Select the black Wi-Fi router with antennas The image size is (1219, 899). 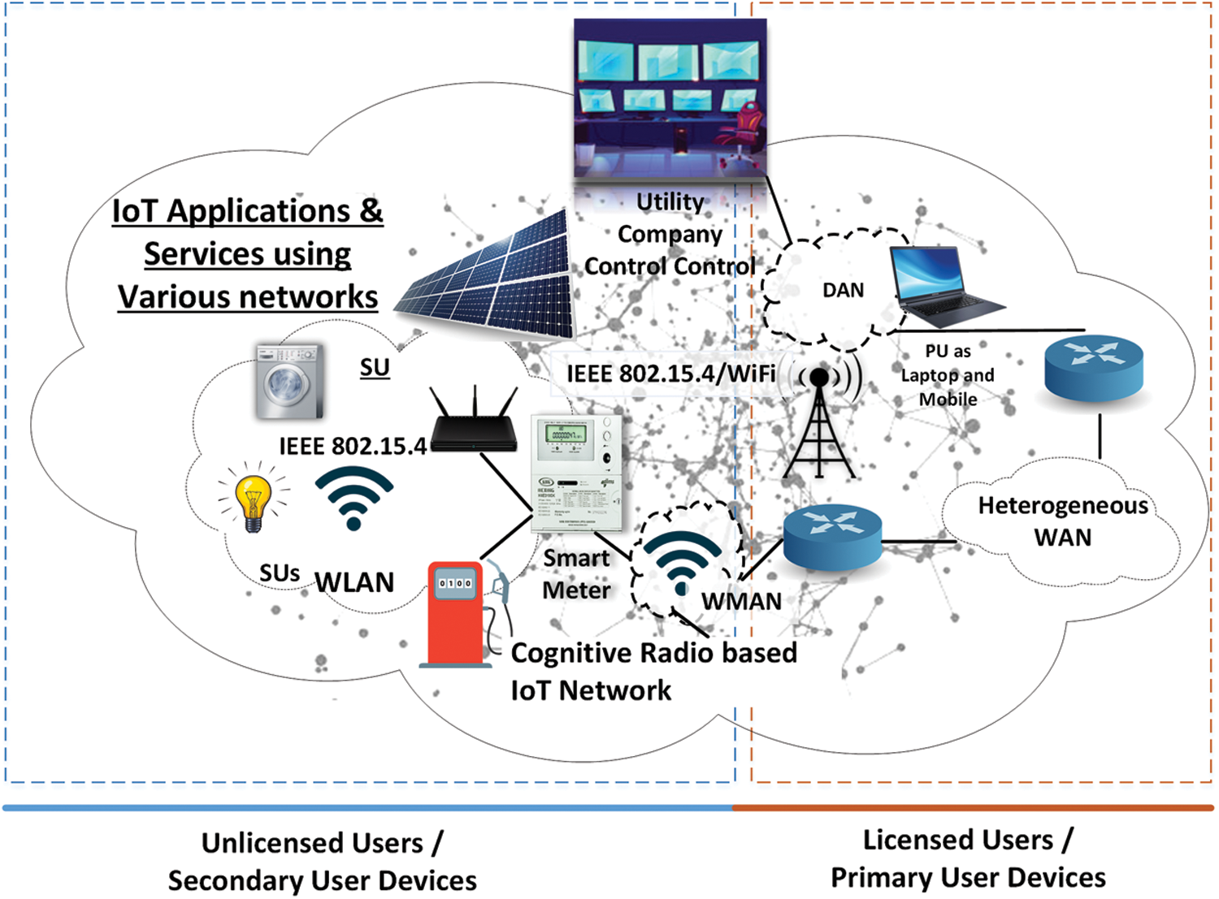pyautogui.click(x=474, y=426)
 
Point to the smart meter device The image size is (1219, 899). pyautogui.click(x=577, y=473)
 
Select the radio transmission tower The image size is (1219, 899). pyautogui.click(x=819, y=426)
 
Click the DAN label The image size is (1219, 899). pyautogui.click(x=843, y=290)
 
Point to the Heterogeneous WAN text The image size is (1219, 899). pyautogui.click(x=1062, y=521)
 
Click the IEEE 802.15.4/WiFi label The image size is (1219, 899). pyautogui.click(x=670, y=374)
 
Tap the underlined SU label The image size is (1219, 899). pyautogui.click(x=375, y=367)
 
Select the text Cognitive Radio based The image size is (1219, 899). pyautogui.click(x=653, y=653)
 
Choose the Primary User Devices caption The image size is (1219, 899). pyautogui.click(x=967, y=878)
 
